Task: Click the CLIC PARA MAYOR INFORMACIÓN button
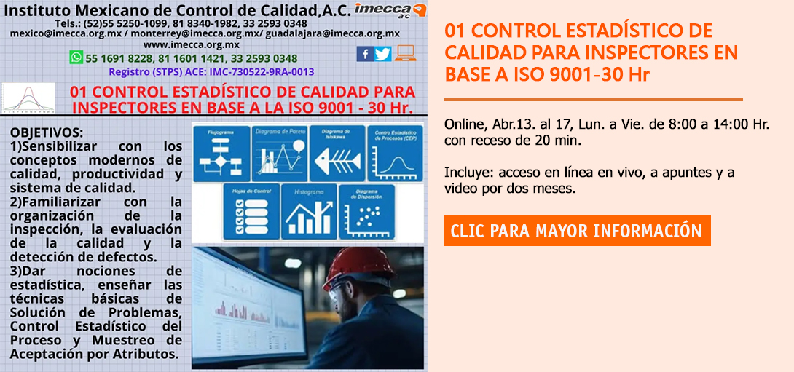pos(577,231)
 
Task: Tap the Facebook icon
pos(364,54)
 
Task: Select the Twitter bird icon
pos(383,54)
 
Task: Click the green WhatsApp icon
pos(76,58)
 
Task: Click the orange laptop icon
pos(406,53)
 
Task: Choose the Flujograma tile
pos(220,153)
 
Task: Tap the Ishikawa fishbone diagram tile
pos(337,153)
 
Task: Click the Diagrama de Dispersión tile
pos(366,212)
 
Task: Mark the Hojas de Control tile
pos(250,212)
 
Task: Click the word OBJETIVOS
pos(47,133)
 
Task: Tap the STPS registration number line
pos(211,71)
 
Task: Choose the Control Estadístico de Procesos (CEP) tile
pos(396,153)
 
